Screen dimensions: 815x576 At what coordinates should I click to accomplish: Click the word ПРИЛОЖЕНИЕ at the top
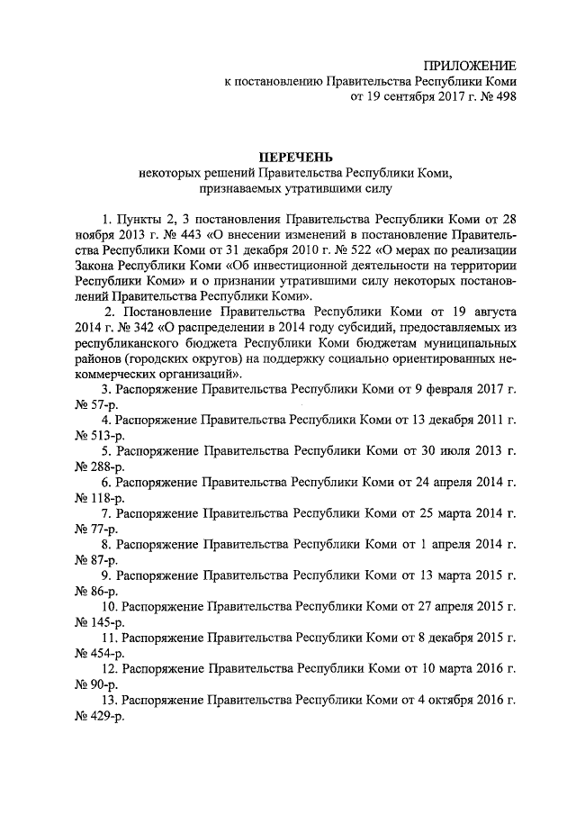pyautogui.click(x=470, y=67)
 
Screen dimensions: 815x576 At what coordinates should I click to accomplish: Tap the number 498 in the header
pyautogui.click(x=502, y=97)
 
